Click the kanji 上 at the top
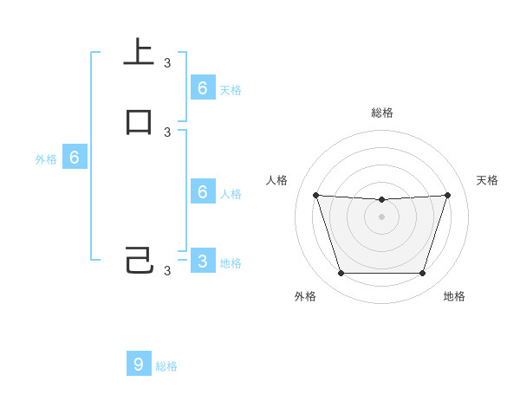click(x=139, y=52)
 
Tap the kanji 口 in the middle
click(x=139, y=122)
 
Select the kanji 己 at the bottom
click(x=139, y=261)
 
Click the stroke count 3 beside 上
click(x=167, y=63)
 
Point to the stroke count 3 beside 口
click(x=167, y=132)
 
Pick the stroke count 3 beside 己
click(x=167, y=271)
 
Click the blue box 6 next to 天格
click(x=202, y=87)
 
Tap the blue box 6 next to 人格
click(x=202, y=191)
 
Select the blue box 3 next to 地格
click(x=202, y=261)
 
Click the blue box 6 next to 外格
click(x=75, y=158)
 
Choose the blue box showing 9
click(x=139, y=364)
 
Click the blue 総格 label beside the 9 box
click(x=166, y=366)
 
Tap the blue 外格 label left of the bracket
click(x=46, y=159)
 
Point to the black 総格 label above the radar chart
click(x=381, y=113)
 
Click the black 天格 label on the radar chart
click(x=487, y=180)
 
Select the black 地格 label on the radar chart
click(x=454, y=296)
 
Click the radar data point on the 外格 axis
click(x=341, y=274)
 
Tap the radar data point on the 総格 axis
click(x=381, y=200)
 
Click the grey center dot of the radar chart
click(x=381, y=217)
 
